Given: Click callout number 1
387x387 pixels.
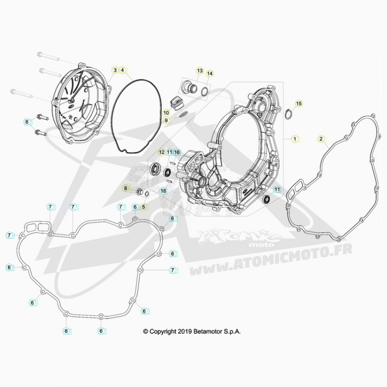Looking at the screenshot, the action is (x=295, y=139).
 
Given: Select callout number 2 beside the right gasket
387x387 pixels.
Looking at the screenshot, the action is (x=321, y=139).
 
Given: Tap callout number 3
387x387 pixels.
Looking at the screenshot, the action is (x=115, y=70).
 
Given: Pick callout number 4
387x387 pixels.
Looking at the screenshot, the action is (x=122, y=70).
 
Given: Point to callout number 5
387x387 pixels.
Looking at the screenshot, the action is (x=144, y=207).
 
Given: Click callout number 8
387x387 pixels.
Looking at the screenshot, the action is (x=126, y=188).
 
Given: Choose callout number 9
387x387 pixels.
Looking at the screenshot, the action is (x=166, y=120).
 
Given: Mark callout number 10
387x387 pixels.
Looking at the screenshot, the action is (x=166, y=113).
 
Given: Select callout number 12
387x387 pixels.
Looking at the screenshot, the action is (x=162, y=152).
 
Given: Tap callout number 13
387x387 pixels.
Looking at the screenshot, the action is (x=200, y=71).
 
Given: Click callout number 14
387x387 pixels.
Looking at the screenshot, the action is (x=209, y=74).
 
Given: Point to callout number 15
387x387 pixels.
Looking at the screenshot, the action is (x=299, y=103).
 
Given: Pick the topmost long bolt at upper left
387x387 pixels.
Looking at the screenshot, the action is (x=48, y=57).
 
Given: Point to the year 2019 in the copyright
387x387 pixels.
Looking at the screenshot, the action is (x=186, y=331).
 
